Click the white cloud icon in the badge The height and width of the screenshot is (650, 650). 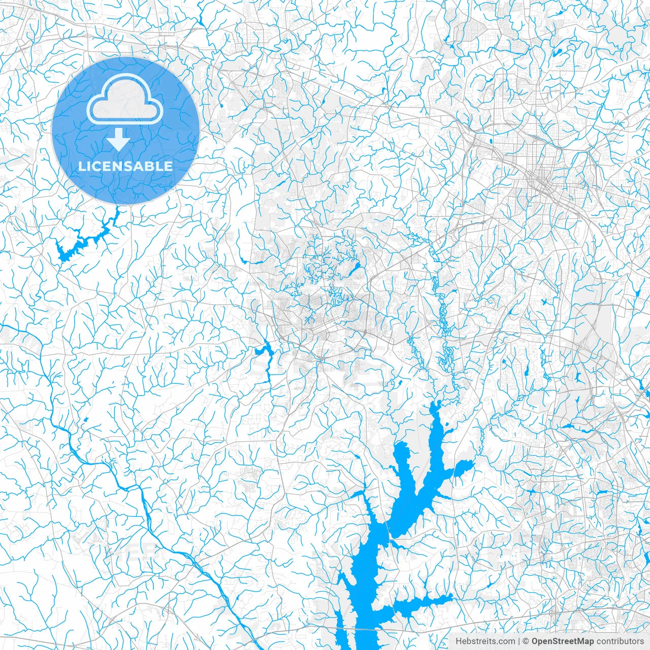[x=125, y=100]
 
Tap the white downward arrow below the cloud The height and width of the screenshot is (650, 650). [x=118, y=139]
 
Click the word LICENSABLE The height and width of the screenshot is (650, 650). [x=125, y=166]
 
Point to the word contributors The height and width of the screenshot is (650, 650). [x=620, y=641]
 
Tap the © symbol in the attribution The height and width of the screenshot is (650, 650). [x=527, y=641]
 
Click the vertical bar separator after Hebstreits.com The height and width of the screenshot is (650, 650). [x=519, y=641]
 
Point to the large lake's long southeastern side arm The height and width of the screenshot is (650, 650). [x=427, y=602]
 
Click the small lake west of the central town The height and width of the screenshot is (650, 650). [x=263, y=350]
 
